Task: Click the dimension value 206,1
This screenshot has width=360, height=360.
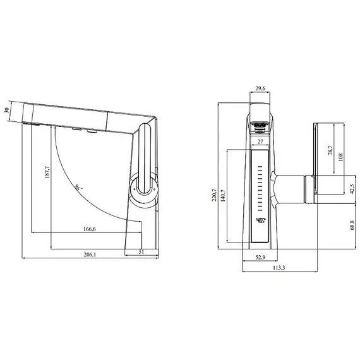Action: point(90,255)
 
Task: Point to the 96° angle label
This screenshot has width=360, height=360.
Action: point(78,187)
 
